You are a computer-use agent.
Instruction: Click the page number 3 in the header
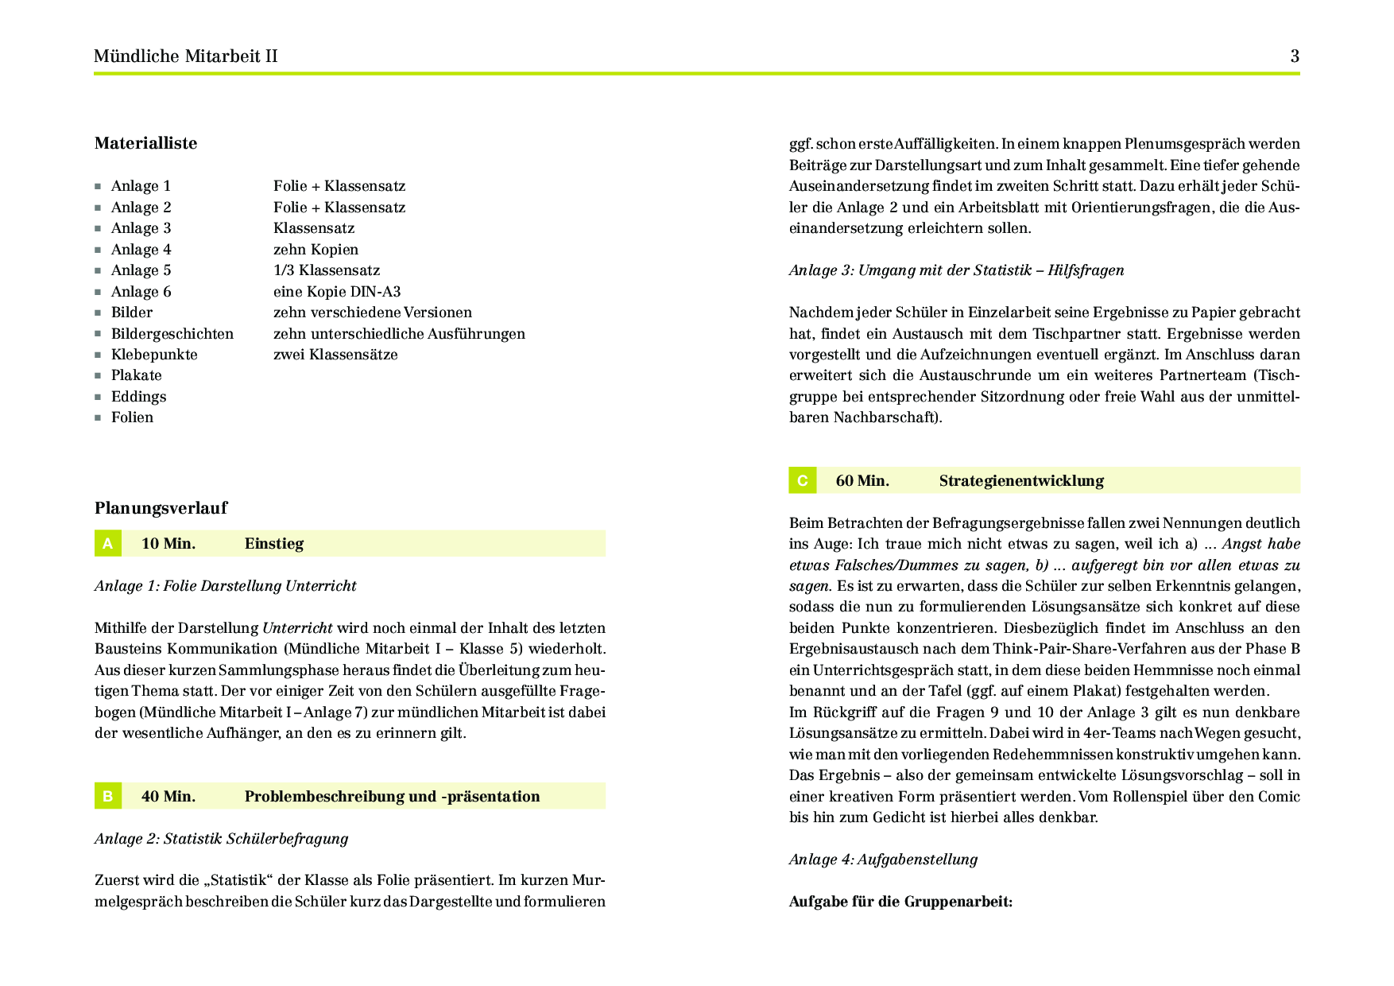coord(1295,56)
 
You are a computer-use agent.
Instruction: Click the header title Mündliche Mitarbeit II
coord(186,56)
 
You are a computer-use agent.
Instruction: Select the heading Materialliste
coord(146,144)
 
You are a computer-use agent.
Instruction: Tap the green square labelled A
coord(108,544)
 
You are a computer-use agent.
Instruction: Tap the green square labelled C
coord(803,481)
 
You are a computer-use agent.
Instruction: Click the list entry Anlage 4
coord(141,250)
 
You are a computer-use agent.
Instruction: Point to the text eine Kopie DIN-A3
coord(337,292)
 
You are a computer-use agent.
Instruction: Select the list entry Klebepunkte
coord(154,355)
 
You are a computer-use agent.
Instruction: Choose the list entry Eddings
coord(138,397)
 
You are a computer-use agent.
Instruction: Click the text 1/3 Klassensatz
coord(327,270)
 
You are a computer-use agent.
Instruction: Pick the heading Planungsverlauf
coord(161,508)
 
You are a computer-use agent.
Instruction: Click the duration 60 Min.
coord(862,481)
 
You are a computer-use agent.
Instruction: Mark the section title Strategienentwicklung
coord(1021,481)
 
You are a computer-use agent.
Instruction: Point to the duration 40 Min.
coord(168,797)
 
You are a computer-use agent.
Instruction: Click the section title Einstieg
coord(274,544)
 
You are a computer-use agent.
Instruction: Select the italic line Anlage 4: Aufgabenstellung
coord(883,860)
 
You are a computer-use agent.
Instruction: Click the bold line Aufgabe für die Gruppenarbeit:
coord(900,902)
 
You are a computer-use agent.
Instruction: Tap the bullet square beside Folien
coord(98,418)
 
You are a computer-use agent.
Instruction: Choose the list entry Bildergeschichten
coord(172,334)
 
